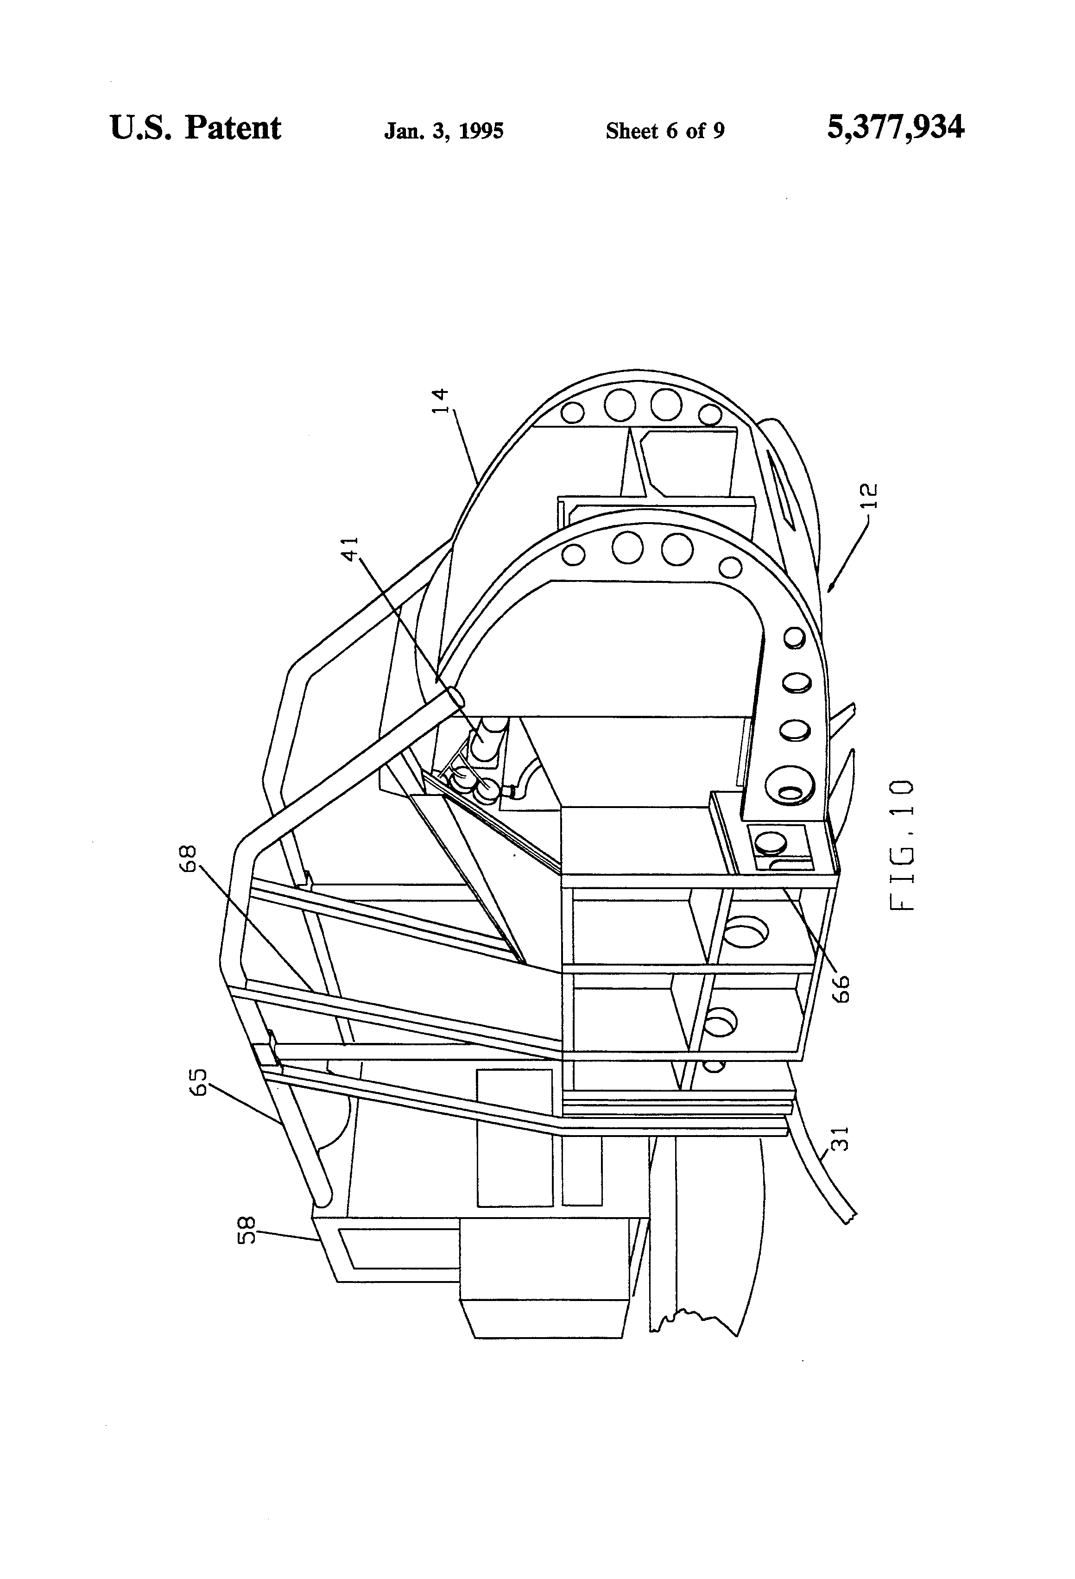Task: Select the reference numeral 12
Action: [873, 495]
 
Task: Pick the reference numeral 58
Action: [248, 1230]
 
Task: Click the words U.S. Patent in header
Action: [195, 128]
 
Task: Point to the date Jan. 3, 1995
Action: [444, 131]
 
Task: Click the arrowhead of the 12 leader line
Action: [830, 589]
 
